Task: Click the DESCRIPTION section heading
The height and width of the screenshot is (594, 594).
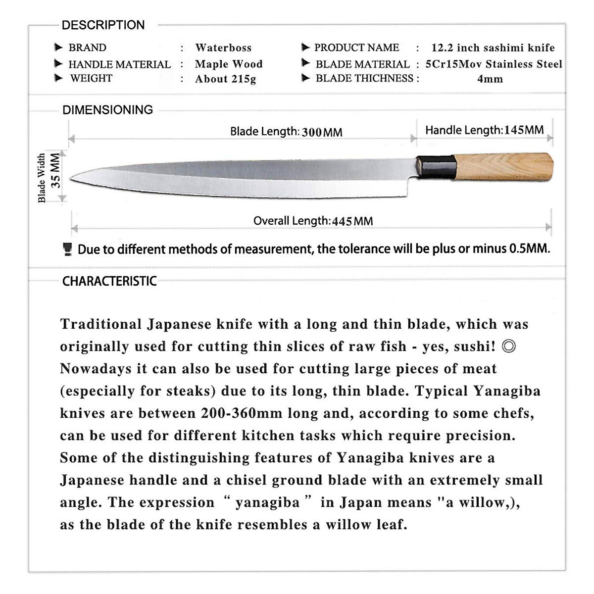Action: point(103,25)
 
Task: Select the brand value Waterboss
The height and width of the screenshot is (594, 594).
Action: point(223,48)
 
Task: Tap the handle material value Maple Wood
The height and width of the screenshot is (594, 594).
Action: point(229,64)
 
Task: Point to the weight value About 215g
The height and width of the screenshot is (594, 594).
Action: point(225,79)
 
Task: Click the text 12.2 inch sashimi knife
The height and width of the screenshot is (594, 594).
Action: point(493,48)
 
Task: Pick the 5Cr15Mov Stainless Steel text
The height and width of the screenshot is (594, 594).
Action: point(494,64)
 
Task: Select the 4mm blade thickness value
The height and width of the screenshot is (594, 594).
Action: point(490,79)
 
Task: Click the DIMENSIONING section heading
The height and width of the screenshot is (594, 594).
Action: point(107,110)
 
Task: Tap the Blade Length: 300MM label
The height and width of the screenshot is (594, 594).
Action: point(286,132)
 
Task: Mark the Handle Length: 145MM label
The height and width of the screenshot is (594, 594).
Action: point(484,130)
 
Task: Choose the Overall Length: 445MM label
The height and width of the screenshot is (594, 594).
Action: point(313,221)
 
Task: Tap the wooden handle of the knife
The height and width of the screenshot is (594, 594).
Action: point(502,167)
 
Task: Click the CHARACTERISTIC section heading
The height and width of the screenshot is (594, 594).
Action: point(109,282)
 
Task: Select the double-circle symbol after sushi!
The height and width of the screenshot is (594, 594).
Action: point(508,346)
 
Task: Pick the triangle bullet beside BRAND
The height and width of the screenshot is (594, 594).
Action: point(58,48)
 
